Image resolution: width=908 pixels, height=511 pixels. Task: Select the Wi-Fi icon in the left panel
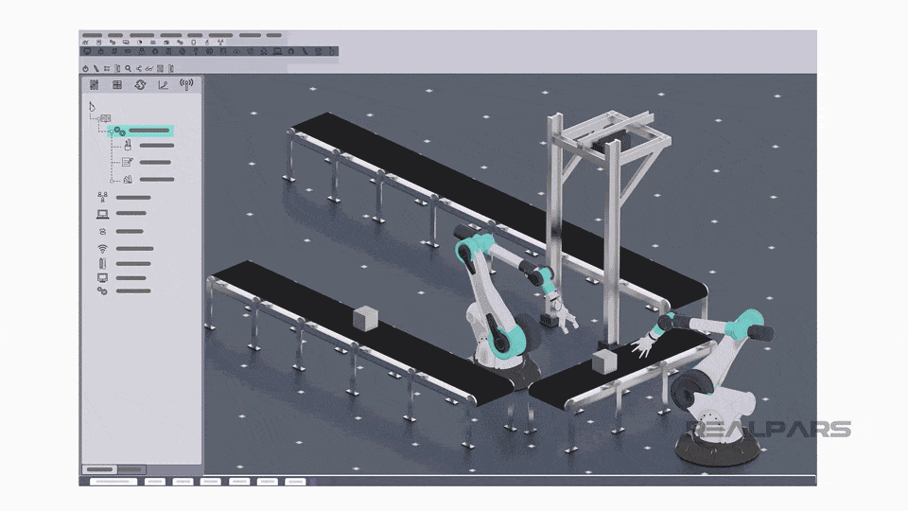[102, 248]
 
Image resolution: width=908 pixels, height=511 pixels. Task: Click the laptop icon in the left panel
[102, 214]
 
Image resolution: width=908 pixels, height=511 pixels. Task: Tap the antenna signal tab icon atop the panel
[186, 85]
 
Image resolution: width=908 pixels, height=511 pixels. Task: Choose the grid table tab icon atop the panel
[117, 85]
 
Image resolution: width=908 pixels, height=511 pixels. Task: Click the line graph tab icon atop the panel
[163, 85]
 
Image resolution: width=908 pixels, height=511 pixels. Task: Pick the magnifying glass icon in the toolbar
[128, 68]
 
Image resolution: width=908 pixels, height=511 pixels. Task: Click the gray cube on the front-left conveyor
[364, 319]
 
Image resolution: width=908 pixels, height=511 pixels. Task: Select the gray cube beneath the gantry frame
[602, 361]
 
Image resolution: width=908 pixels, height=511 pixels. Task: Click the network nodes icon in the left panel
[102, 197]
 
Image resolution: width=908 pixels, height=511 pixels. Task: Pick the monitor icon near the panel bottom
[102, 278]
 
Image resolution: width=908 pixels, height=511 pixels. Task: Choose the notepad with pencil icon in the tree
[127, 162]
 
